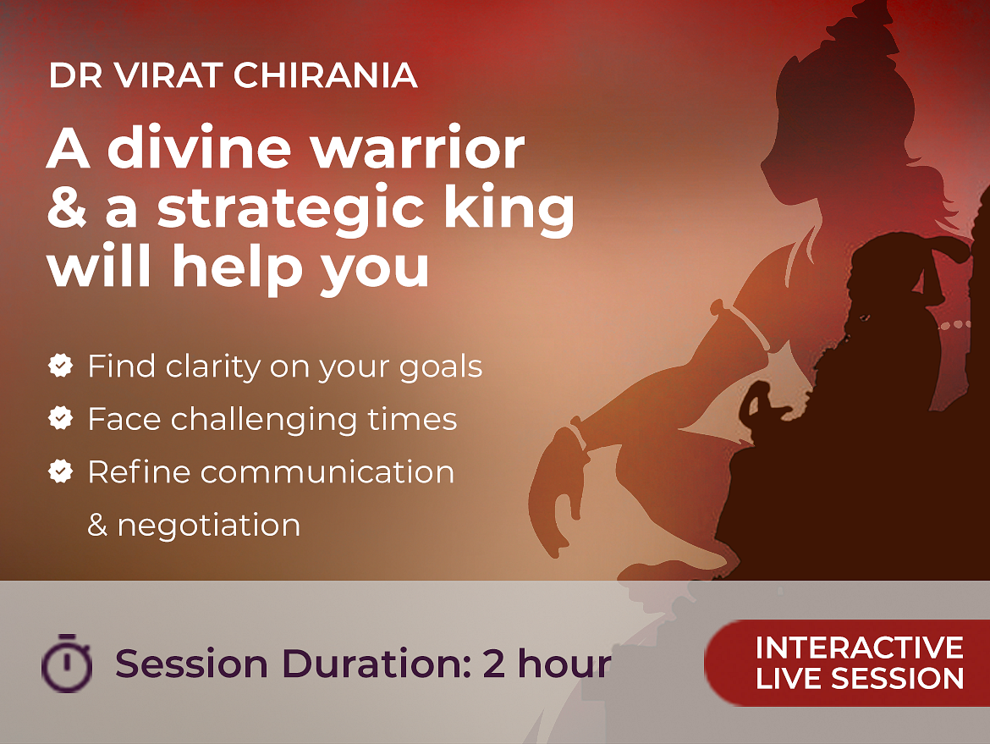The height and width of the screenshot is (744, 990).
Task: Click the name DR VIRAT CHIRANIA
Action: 233,75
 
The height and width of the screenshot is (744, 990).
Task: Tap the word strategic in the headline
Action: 290,209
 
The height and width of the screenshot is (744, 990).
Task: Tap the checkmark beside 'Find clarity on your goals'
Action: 61,366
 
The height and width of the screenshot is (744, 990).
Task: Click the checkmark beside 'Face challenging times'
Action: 61,418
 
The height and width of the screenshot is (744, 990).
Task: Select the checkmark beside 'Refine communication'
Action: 61,471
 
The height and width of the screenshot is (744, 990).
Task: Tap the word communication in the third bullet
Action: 327,472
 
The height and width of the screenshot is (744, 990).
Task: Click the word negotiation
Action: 209,526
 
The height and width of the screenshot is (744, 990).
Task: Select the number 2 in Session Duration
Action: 494,664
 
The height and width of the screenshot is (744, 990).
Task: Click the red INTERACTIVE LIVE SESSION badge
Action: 847,663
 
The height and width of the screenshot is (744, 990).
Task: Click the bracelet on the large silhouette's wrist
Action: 578,436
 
